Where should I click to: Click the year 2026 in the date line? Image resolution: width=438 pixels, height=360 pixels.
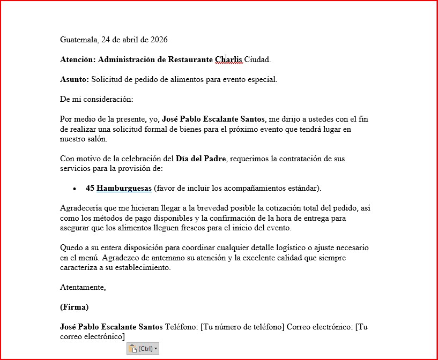tap(159, 40)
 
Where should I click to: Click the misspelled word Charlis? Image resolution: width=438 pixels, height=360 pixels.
tap(229, 59)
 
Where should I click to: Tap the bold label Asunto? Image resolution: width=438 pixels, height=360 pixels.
tap(75, 79)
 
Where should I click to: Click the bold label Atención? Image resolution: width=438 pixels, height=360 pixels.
tap(78, 59)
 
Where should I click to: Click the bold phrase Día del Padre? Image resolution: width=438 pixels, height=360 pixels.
tap(201, 159)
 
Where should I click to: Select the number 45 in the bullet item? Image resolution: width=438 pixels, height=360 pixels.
tap(90, 188)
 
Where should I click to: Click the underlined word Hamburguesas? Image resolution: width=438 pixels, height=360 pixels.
tap(124, 188)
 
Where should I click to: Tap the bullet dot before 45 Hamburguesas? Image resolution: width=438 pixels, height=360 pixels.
tap(75, 189)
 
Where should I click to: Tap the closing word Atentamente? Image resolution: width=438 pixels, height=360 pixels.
tap(83, 288)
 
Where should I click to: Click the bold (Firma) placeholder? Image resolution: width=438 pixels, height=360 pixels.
tap(74, 307)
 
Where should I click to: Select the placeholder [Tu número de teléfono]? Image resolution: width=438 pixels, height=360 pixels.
tap(242, 327)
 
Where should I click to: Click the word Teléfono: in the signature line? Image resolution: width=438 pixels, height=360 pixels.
tap(182, 327)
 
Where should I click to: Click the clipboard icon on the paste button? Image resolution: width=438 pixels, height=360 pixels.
tap(133, 349)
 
